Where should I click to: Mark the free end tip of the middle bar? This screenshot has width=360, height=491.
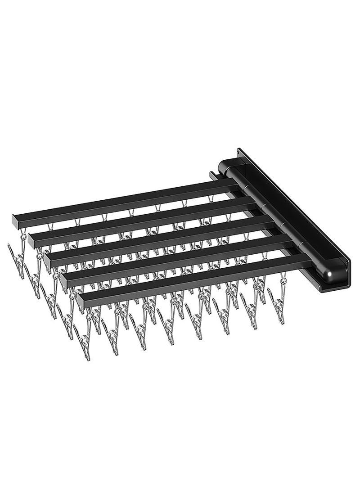pos(48,260)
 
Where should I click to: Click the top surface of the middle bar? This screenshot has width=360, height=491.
pos(157,234)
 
